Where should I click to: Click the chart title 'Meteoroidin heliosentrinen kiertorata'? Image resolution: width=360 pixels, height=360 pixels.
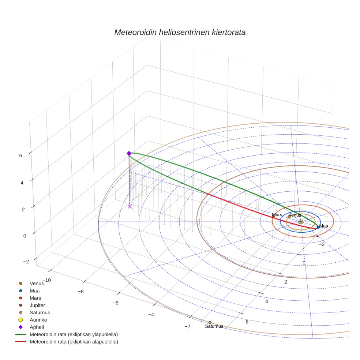pos(180,32)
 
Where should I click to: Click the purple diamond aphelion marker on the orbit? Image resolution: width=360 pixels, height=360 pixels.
pos(129,153)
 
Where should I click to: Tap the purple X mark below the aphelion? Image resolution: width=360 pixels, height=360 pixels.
pos(130,206)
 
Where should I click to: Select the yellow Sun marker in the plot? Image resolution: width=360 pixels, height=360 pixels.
pos(300,222)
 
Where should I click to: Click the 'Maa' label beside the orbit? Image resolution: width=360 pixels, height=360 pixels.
pos(324,226)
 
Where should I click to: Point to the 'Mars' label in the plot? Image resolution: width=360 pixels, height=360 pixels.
pos(277,215)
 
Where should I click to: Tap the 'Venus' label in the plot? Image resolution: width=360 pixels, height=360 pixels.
pos(295,215)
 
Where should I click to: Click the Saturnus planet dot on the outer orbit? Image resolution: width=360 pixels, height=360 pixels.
pos(210,323)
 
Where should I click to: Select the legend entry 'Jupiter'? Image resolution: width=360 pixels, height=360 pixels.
pos(37,305)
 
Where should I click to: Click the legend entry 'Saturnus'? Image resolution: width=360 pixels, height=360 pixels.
pos(40,312)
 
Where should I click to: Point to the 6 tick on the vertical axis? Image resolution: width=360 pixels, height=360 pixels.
pos(20,155)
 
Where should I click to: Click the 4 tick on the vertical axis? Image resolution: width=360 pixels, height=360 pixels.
pos(20,182)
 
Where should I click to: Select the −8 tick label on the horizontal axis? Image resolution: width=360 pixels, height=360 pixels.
pos(81,292)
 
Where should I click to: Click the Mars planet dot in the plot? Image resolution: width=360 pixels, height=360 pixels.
pos(273,217)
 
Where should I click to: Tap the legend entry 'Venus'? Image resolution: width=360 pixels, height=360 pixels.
pos(37,283)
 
